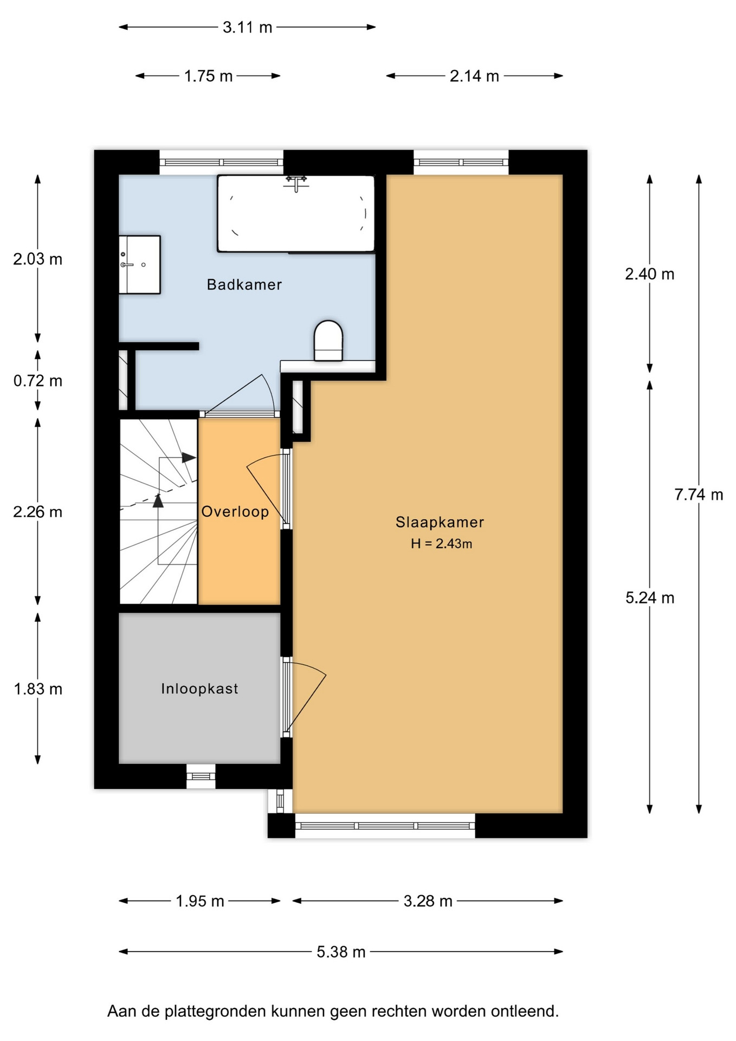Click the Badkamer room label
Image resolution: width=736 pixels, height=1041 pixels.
[x=244, y=285]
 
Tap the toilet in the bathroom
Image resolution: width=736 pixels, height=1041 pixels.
[x=328, y=340]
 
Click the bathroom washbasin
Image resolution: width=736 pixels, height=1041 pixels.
[x=139, y=265]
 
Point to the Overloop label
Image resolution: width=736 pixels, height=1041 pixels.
[x=235, y=511]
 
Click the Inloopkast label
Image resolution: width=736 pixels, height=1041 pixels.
[x=199, y=689]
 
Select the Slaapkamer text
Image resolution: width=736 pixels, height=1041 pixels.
[x=440, y=522]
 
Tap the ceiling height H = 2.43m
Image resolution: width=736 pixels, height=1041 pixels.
[x=441, y=543]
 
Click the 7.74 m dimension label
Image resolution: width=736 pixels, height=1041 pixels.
[x=699, y=494]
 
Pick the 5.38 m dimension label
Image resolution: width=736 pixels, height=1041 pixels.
[x=341, y=952]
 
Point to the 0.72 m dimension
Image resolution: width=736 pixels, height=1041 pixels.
[x=38, y=381]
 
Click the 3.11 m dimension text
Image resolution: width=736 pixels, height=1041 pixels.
[x=247, y=27]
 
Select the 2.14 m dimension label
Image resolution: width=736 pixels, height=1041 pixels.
[x=474, y=76]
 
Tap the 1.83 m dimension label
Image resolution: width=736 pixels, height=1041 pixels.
[x=38, y=689]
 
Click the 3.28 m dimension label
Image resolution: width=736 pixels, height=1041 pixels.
[x=428, y=901]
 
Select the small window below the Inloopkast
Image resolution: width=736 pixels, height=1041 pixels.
[x=201, y=776]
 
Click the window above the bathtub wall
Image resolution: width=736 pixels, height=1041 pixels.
[x=221, y=162]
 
